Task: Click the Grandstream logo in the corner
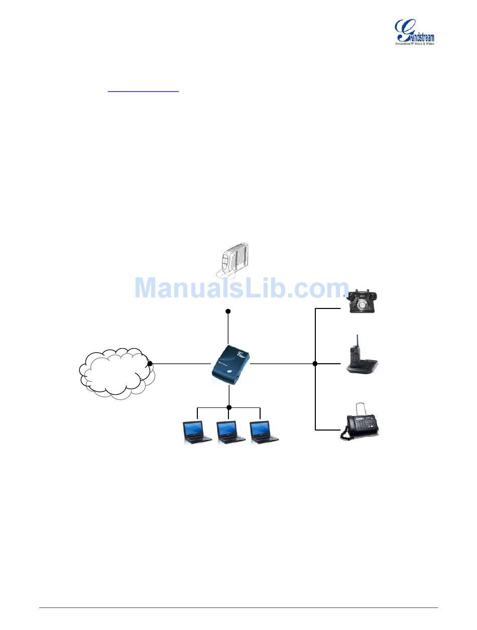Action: click(x=415, y=33)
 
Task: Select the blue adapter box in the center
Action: click(x=230, y=363)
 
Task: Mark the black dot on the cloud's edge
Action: click(x=150, y=363)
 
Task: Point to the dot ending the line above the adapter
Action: click(x=228, y=311)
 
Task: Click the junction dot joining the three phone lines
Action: click(x=315, y=363)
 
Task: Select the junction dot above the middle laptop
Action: click(x=229, y=407)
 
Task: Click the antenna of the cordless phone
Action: click(x=357, y=343)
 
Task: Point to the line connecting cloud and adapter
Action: click(x=181, y=363)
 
